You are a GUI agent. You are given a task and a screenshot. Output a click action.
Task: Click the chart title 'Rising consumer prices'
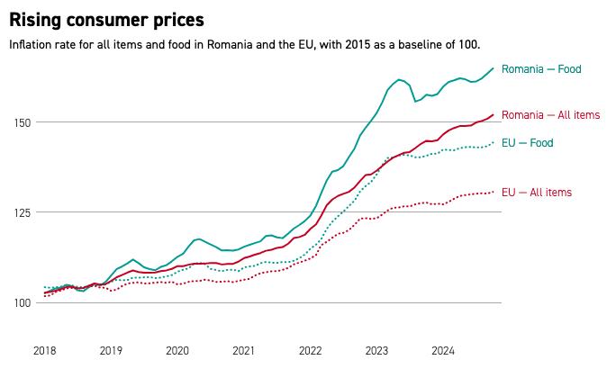(106, 19)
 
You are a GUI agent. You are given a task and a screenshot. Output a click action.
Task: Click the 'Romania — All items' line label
(550, 115)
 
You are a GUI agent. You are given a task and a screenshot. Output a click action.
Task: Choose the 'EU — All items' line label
(536, 192)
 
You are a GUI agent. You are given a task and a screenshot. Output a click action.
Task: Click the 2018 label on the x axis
(44, 350)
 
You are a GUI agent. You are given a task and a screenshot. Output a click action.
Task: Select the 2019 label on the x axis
(111, 350)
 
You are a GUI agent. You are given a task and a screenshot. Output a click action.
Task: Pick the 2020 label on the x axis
(177, 350)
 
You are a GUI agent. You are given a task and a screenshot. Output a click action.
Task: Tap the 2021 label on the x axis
(244, 350)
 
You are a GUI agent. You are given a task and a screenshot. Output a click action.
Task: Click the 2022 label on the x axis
(311, 350)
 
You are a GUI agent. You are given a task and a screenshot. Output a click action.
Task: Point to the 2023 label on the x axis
(376, 350)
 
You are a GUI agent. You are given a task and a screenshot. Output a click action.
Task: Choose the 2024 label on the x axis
(443, 350)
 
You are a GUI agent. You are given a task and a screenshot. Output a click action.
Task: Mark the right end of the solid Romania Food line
(494, 68)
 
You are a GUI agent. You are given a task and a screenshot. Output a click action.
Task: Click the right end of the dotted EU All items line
(494, 192)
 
